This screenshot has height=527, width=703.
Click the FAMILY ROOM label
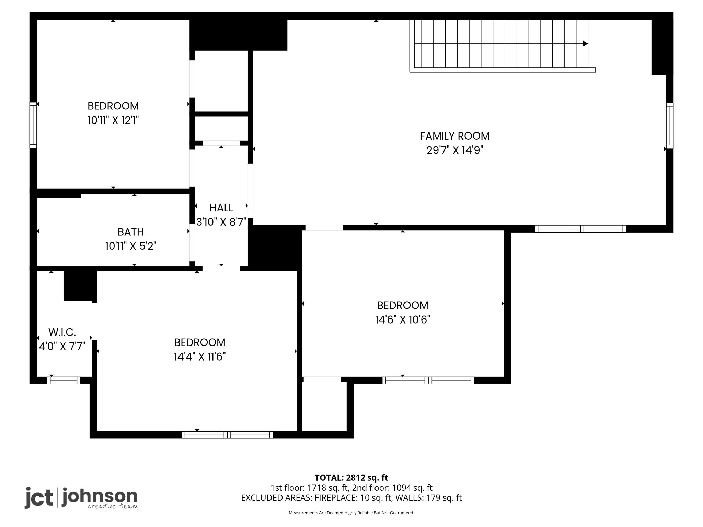click(x=454, y=136)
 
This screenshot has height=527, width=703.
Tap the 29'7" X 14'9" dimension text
click(x=454, y=150)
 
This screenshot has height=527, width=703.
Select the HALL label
click(x=221, y=208)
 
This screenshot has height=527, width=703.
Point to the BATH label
click(x=131, y=232)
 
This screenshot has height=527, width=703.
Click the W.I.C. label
click(x=62, y=332)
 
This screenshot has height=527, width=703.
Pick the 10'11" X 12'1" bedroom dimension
click(x=113, y=120)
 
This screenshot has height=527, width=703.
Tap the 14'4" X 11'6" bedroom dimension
click(x=199, y=357)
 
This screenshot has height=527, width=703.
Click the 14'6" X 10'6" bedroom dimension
click(x=403, y=320)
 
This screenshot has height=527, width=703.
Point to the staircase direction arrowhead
click(x=585, y=44)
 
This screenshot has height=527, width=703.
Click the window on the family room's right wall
click(x=670, y=126)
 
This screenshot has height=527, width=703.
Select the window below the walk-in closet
click(x=64, y=380)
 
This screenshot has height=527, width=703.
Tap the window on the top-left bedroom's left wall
click(x=33, y=125)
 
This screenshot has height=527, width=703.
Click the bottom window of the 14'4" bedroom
click(x=227, y=435)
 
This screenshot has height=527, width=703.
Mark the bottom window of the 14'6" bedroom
click(x=428, y=380)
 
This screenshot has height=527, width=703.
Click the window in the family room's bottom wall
click(x=580, y=229)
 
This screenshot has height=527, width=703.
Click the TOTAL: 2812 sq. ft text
click(x=351, y=478)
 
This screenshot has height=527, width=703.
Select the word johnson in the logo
click(x=100, y=496)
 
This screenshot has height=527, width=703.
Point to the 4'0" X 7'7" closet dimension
click(x=62, y=347)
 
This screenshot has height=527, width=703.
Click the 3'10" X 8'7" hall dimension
click(x=221, y=222)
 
